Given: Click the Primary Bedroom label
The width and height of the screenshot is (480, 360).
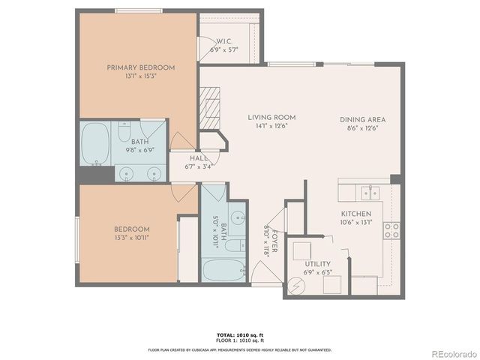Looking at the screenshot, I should [x=140, y=67].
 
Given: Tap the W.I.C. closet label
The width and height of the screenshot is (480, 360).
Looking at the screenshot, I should [x=229, y=41].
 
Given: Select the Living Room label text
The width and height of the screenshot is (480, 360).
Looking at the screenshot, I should [x=271, y=118].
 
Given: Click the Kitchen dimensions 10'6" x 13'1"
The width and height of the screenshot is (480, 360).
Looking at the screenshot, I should [x=356, y=222].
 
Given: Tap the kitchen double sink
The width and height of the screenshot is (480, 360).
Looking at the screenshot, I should [x=368, y=192].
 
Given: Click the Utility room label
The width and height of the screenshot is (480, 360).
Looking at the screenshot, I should [x=318, y=263].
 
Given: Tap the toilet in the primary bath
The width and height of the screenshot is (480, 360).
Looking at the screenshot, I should [x=125, y=131].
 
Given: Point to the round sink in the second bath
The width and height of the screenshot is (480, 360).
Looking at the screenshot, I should [x=238, y=219].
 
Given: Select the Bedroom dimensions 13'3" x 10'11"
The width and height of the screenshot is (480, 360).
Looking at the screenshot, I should [x=131, y=238].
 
